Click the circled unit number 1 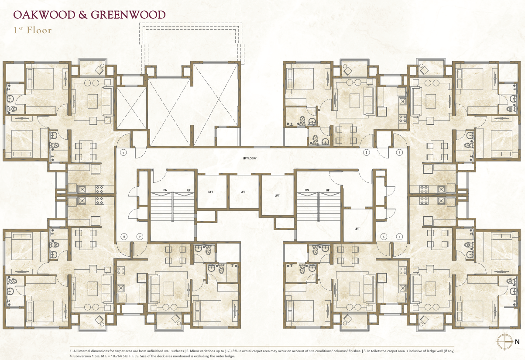(124, 153)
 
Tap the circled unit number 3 (367, 153)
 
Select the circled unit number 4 (399, 153)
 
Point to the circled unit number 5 (399, 237)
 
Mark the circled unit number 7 (140, 237)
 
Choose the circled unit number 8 (124, 237)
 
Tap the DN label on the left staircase (165, 190)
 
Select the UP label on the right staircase (327, 190)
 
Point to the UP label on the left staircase (189, 190)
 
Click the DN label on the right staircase (307, 190)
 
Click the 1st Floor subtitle (32, 31)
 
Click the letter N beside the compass (517, 342)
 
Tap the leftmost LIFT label (211, 192)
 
